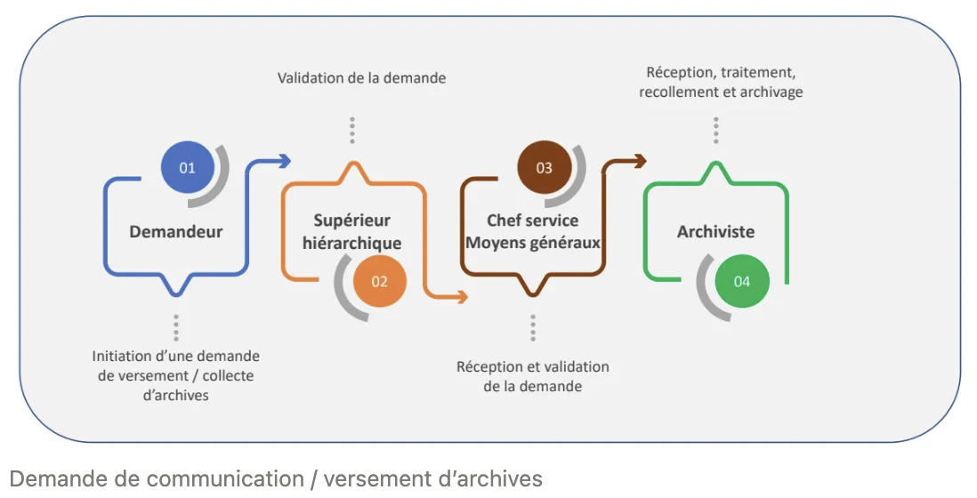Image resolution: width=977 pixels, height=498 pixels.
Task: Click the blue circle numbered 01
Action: click(187, 167)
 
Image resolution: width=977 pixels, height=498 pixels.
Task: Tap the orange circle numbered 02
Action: click(380, 281)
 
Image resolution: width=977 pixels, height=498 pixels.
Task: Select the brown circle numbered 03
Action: click(544, 167)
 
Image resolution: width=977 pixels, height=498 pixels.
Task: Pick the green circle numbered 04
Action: click(742, 281)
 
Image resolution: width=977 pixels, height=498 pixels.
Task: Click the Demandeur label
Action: click(176, 232)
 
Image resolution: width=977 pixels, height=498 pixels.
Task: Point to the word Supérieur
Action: click(351, 221)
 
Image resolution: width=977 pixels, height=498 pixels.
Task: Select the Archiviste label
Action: click(715, 232)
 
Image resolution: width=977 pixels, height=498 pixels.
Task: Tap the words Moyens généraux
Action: click(532, 243)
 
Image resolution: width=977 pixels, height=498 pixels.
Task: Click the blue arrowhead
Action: click(285, 160)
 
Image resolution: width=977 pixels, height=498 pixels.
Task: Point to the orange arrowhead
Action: click(463, 298)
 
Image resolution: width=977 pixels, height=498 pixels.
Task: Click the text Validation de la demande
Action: click(361, 78)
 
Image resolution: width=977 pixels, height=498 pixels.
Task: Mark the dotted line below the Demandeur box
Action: click(176, 327)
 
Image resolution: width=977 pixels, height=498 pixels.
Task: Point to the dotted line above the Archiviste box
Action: click(715, 130)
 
